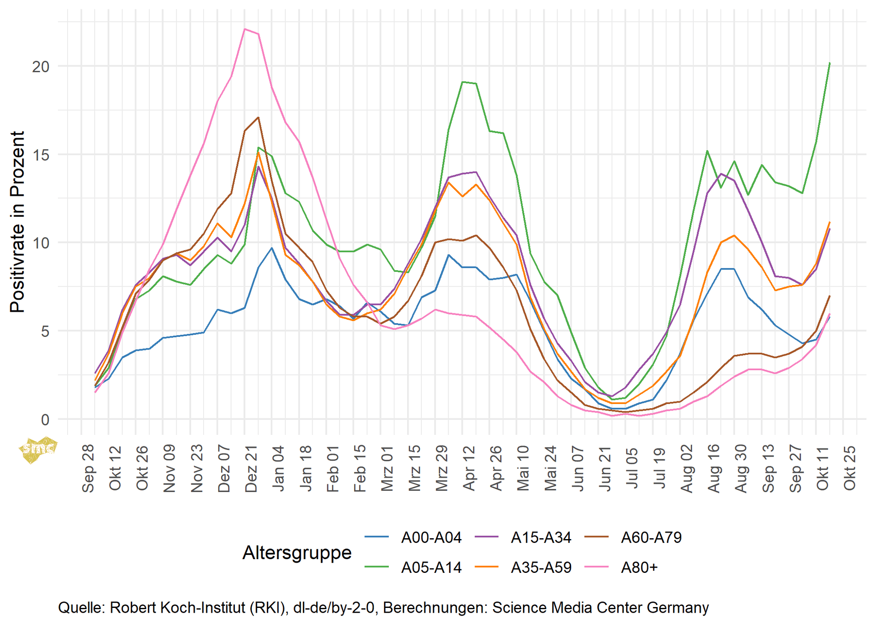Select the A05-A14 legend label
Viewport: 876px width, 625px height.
[431, 568]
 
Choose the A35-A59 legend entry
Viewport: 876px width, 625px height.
[541, 568]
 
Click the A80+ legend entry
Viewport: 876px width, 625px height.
[639, 568]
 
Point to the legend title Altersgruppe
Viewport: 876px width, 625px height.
[297, 553]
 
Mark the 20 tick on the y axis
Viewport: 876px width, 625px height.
[41, 67]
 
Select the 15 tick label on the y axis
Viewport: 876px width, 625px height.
[41, 155]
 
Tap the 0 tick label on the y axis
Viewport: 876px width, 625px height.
[45, 419]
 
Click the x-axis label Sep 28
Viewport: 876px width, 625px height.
[88, 469]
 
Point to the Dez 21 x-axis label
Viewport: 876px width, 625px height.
[252, 469]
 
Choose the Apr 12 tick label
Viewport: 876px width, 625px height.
[469, 469]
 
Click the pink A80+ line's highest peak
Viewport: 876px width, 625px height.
[245, 29]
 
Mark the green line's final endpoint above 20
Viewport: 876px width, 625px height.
[829, 63]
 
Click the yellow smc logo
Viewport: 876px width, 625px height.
[38, 449]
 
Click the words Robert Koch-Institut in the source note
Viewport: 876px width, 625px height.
[198, 607]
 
